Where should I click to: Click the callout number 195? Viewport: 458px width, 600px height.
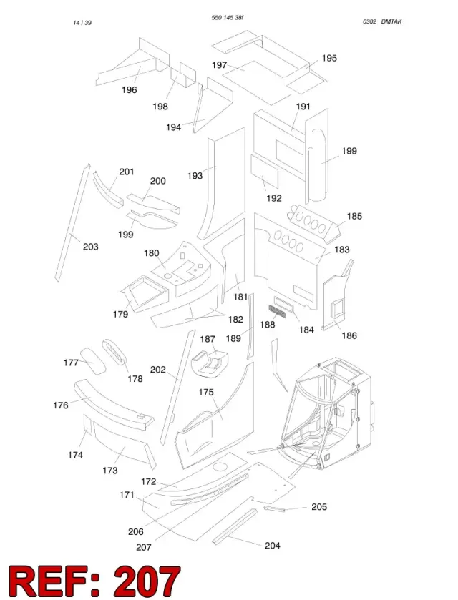[x=329, y=58]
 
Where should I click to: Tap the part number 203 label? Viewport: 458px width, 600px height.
[x=91, y=247]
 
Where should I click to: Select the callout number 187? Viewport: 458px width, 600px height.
[x=208, y=339]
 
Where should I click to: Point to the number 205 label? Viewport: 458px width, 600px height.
[x=319, y=507]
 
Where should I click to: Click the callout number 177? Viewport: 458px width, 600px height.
[x=71, y=363]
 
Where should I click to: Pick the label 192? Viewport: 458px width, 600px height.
[x=274, y=198]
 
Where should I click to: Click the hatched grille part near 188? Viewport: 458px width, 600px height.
[x=277, y=311]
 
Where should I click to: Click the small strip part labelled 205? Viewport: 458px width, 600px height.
[x=274, y=509]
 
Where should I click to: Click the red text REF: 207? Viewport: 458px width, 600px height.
[x=94, y=581]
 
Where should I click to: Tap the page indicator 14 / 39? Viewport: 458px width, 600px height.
[x=82, y=23]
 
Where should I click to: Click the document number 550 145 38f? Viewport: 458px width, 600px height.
[x=228, y=18]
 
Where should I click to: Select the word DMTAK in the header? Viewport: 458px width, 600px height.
[x=391, y=21]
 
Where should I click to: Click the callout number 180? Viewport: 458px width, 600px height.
[x=151, y=253]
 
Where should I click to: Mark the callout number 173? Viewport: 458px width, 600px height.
[x=110, y=471]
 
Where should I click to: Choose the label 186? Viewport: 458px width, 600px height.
[x=349, y=335]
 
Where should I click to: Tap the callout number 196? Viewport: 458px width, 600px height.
[x=130, y=90]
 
